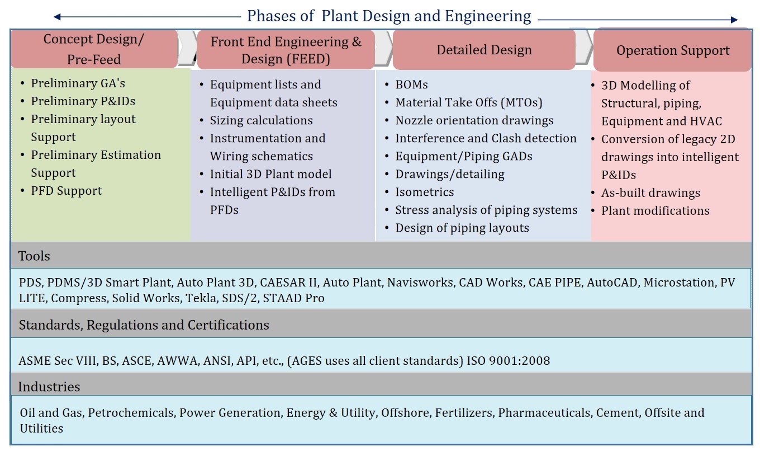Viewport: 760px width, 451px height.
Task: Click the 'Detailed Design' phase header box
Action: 484,50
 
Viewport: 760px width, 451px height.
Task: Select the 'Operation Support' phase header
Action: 672,50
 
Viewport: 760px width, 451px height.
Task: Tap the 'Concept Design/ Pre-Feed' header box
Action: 94,49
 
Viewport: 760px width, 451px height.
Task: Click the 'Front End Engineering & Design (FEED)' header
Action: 286,50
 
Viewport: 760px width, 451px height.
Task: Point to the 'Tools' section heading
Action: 34,256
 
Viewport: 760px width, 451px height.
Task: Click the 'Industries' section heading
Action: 49,387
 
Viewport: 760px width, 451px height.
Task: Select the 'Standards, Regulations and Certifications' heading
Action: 144,325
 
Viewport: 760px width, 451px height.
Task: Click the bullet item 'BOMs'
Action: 411,84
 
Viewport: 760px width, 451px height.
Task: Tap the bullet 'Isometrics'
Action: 425,192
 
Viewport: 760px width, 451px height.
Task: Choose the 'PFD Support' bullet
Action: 66,191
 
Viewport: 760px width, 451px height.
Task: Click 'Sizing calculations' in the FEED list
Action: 262,120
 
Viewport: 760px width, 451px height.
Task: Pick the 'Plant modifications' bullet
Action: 655,211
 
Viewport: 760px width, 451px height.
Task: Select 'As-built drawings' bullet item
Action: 650,193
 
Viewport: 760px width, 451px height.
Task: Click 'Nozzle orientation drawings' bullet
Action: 474,120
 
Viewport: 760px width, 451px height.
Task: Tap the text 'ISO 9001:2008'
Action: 509,361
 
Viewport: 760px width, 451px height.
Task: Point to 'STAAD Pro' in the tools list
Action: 293,298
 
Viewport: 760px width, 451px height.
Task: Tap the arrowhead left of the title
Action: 58,17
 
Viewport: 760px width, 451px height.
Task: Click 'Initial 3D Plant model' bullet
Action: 270,174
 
